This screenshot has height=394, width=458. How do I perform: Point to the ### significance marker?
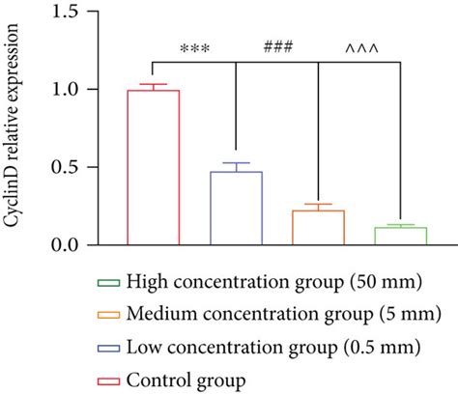277,46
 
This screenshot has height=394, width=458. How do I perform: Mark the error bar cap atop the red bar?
154,84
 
